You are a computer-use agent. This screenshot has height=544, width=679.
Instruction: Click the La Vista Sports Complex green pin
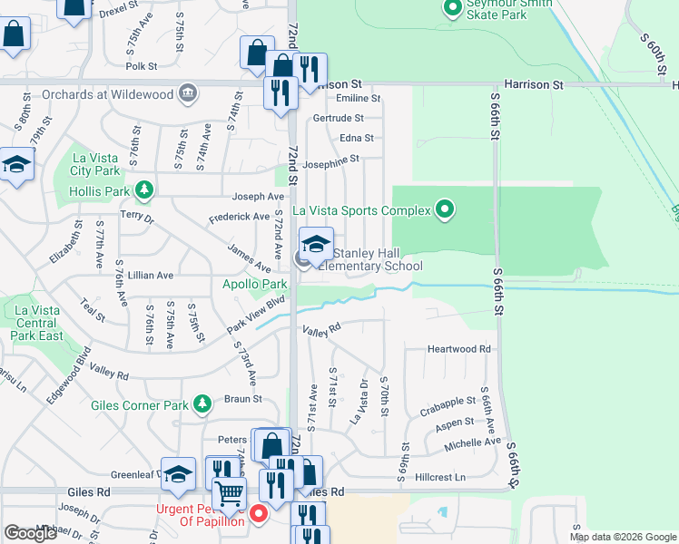444,210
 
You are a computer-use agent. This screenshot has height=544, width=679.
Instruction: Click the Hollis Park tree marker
143,190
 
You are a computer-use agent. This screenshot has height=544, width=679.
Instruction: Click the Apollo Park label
255,284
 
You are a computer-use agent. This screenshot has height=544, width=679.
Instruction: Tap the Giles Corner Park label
138,405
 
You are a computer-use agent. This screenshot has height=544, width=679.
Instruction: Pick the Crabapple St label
448,400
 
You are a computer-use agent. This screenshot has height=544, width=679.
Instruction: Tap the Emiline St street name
358,98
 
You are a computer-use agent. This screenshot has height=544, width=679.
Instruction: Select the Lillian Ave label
151,275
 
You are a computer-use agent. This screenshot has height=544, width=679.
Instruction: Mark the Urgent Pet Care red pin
259,514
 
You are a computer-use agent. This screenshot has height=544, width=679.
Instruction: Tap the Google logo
31,533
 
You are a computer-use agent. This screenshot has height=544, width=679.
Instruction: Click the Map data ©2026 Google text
623,537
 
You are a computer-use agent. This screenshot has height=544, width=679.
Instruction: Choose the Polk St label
142,66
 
